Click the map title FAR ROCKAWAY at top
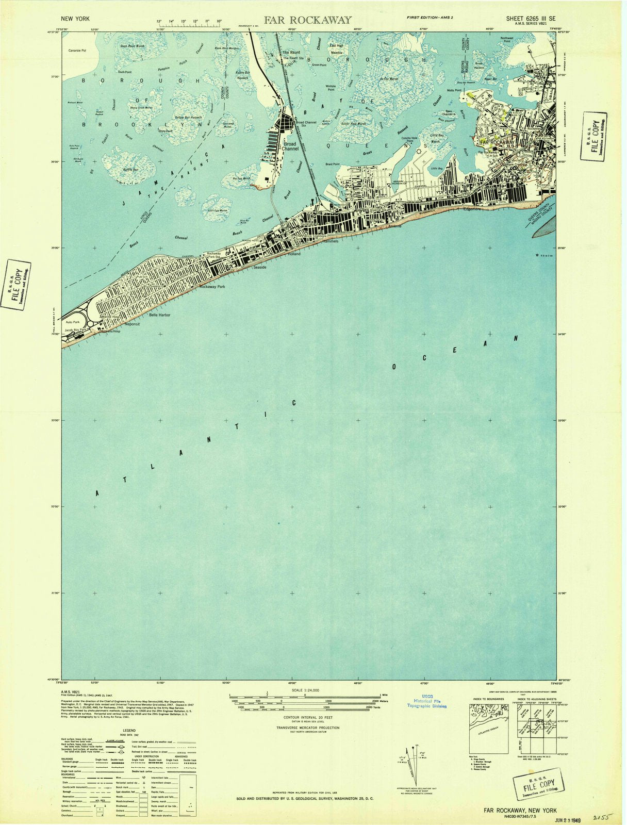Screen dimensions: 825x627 click(x=308, y=20)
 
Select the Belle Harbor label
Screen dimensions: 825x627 click(x=159, y=315)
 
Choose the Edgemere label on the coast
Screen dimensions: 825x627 click(x=471, y=209)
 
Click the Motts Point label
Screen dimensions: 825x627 click(x=454, y=90)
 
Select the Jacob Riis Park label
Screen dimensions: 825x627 click(x=75, y=329)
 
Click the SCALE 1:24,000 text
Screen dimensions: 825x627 click(x=305, y=690)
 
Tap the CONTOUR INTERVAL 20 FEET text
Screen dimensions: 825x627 click(x=305, y=717)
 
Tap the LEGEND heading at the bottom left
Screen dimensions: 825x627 click(x=129, y=730)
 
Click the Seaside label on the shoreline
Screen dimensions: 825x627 click(x=259, y=267)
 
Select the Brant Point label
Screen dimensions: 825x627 click(x=332, y=164)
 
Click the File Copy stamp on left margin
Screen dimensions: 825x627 click(x=16, y=285)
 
